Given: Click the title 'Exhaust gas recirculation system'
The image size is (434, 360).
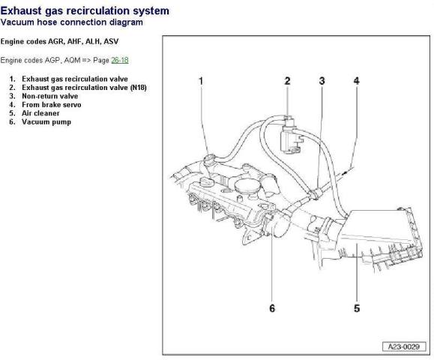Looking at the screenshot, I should click(84, 10).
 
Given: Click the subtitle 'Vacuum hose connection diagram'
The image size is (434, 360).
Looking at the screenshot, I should click(71, 22).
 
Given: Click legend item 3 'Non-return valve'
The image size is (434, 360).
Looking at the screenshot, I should click(52, 96).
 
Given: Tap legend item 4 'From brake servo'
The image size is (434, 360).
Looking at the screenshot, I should click(52, 105).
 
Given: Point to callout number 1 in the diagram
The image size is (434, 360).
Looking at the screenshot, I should click(201, 80).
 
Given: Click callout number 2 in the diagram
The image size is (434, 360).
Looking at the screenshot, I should click(286, 80).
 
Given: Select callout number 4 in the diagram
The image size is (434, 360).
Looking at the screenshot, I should click(356, 80).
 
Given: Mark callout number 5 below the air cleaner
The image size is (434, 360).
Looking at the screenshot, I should click(356, 308).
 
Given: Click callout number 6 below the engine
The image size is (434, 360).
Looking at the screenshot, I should click(271, 308).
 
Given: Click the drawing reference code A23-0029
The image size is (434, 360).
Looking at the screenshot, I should click(402, 347).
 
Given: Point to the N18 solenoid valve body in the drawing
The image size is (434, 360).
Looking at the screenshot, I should click(287, 136).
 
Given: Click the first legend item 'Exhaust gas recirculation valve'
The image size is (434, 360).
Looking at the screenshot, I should click(74, 79).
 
